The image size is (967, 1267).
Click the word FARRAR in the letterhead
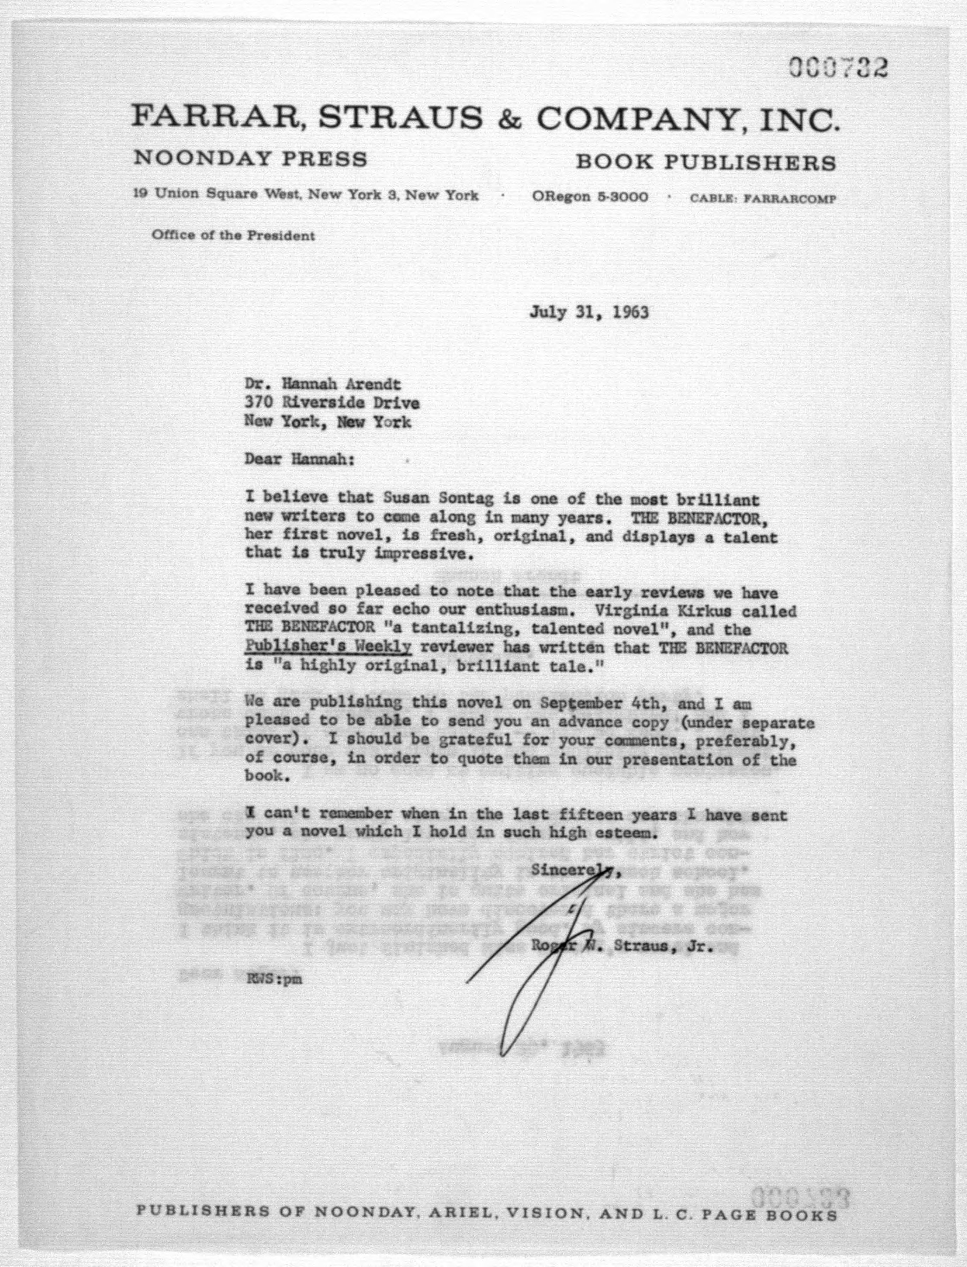219,118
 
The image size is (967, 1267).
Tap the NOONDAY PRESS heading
250,158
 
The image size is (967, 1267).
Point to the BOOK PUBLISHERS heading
706,163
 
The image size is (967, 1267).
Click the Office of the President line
233,235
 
